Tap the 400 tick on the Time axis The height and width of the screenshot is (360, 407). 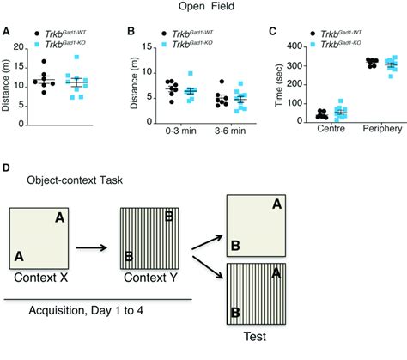pos(299,45)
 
